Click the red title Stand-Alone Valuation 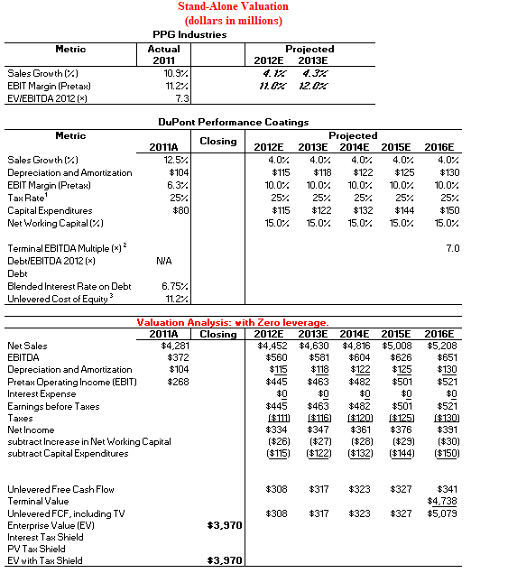[232, 7]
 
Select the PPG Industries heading [189, 34]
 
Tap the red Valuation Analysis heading [233, 322]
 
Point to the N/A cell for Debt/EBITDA [164, 260]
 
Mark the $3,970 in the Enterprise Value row [225, 524]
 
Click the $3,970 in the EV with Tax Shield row [225, 560]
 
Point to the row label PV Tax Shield [37, 549]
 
